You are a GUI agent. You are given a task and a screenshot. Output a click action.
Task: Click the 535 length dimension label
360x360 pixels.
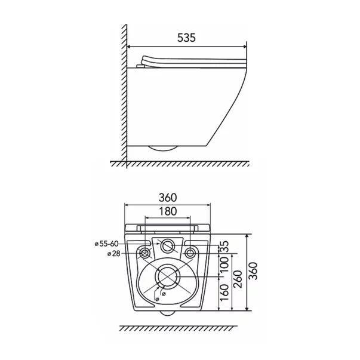tap(186, 38)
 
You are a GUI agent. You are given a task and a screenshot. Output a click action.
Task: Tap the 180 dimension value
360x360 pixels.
tap(168, 211)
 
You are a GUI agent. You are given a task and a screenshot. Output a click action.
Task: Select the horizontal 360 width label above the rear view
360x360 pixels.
tap(168, 198)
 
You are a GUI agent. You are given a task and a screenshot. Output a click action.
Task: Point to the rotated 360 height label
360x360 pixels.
tap(254, 271)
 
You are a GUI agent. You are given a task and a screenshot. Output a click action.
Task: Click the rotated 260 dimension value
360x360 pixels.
tap(238, 279)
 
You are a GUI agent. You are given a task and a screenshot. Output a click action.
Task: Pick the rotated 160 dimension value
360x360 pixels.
tap(224, 293)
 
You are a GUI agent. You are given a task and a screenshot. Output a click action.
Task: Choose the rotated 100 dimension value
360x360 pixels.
tap(224, 265)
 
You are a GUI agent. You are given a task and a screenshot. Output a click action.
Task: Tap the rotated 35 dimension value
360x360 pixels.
tap(224, 247)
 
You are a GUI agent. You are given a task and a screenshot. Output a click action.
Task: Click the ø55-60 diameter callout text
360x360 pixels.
tap(106, 244)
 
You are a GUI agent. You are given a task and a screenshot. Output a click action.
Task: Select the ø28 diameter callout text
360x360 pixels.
tap(114, 254)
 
